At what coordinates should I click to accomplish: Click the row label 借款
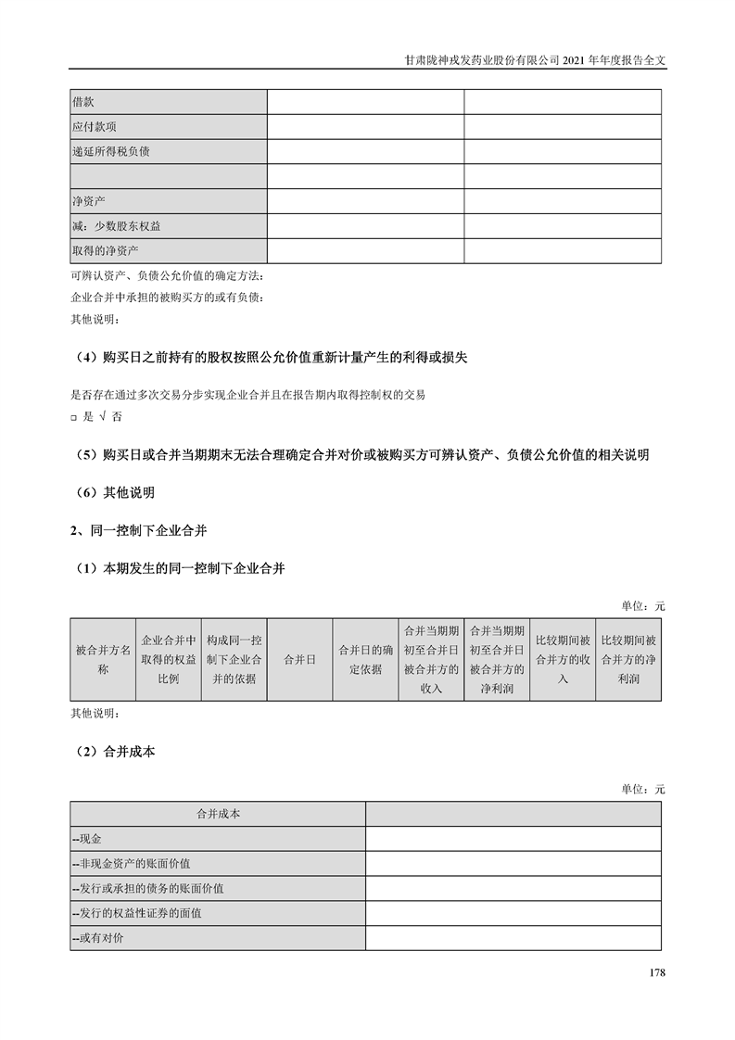(x=83, y=102)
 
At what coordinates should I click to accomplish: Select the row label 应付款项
(x=94, y=127)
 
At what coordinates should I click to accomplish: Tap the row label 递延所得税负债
(x=110, y=152)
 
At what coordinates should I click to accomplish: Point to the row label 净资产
(x=90, y=201)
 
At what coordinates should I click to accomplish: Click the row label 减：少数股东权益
(x=116, y=226)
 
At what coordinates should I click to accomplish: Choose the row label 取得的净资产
(x=104, y=251)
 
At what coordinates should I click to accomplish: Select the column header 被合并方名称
(x=103, y=659)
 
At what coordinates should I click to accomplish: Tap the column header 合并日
(x=299, y=659)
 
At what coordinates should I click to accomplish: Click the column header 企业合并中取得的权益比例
(x=169, y=659)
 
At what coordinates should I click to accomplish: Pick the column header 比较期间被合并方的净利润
(x=628, y=659)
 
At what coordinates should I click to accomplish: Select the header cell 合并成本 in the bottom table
(x=218, y=814)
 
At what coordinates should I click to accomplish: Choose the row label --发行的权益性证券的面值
(x=137, y=914)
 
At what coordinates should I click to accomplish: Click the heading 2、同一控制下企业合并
(x=139, y=531)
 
